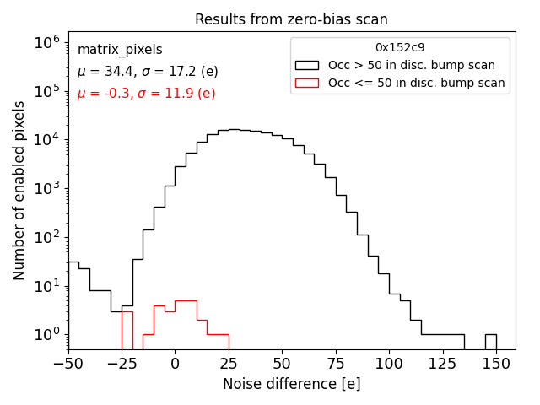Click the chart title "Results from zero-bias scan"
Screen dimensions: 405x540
[291, 19]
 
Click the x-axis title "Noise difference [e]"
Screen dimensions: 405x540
[291, 384]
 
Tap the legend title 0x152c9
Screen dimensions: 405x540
[399, 47]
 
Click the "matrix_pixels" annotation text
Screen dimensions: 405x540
[120, 50]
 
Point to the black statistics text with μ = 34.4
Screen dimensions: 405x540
[147, 72]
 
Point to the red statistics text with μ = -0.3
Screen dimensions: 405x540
[146, 94]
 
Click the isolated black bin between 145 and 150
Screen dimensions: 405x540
[490, 342]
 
